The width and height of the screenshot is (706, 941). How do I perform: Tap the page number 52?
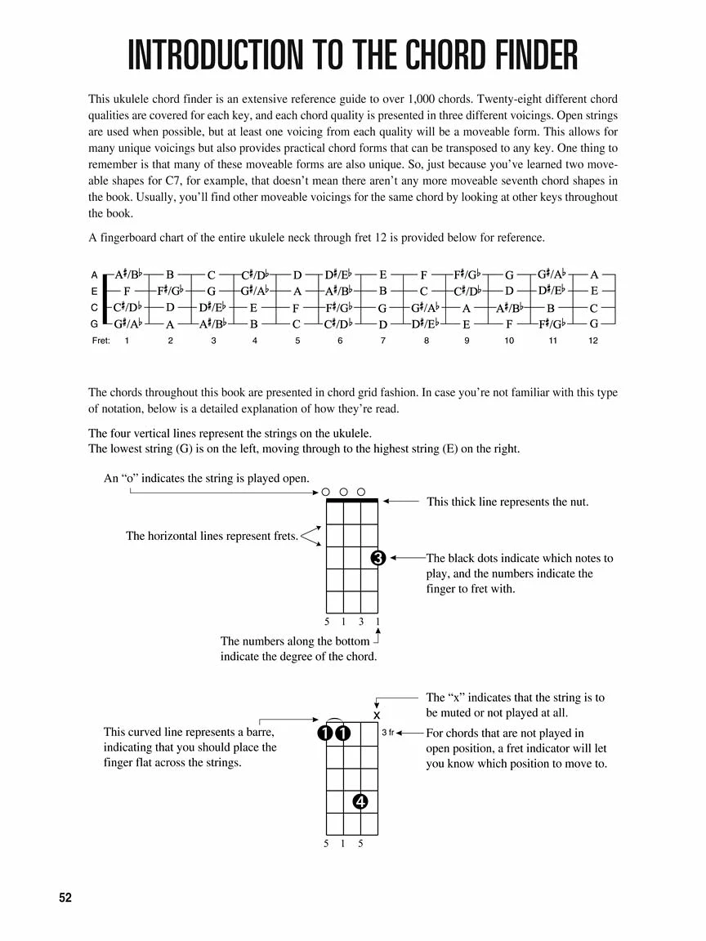(x=65, y=898)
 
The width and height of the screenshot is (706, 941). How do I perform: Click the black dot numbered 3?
(x=378, y=559)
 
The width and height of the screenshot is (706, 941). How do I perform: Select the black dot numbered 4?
(x=360, y=801)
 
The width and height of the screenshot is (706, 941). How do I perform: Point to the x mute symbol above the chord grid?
(x=377, y=716)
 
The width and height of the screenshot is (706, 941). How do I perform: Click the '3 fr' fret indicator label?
(x=387, y=733)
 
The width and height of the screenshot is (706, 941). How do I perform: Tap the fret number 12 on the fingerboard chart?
(x=593, y=341)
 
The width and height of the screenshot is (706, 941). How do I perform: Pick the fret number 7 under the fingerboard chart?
(x=382, y=341)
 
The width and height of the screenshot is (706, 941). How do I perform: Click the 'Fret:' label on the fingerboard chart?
(x=101, y=341)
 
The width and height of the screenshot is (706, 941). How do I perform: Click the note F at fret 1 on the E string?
(x=127, y=291)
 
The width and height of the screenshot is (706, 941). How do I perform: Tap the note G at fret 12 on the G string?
(x=594, y=323)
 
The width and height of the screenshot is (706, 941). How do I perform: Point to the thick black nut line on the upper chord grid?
(x=352, y=500)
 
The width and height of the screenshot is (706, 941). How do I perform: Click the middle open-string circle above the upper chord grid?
(x=343, y=492)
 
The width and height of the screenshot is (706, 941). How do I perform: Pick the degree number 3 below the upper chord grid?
(x=360, y=622)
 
